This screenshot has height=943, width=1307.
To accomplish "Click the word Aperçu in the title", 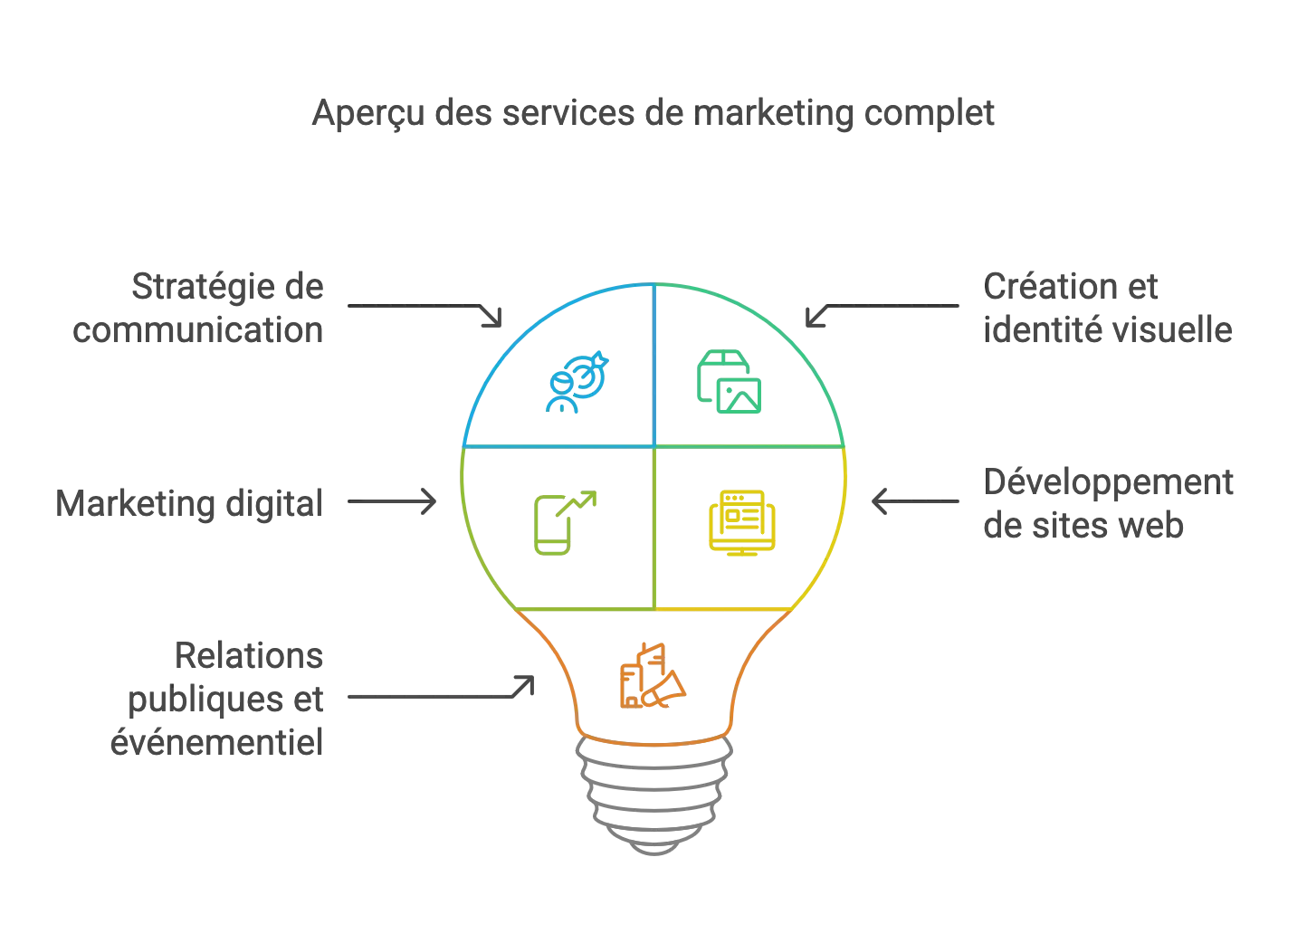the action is tap(368, 114).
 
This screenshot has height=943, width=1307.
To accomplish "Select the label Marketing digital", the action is tap(189, 504).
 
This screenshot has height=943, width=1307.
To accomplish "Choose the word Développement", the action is tap(1109, 484).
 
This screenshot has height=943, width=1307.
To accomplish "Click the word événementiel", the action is tap(216, 742).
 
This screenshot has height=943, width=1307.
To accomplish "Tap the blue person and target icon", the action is tap(577, 382).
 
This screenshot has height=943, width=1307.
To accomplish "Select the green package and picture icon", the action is tap(729, 382).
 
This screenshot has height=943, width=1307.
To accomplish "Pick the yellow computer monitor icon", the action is tap(742, 523).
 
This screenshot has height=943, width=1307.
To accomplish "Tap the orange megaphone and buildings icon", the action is tap(653, 676).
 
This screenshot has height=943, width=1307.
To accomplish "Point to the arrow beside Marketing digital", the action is tap(392, 501).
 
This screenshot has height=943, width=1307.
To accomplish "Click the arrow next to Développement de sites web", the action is tap(915, 501).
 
